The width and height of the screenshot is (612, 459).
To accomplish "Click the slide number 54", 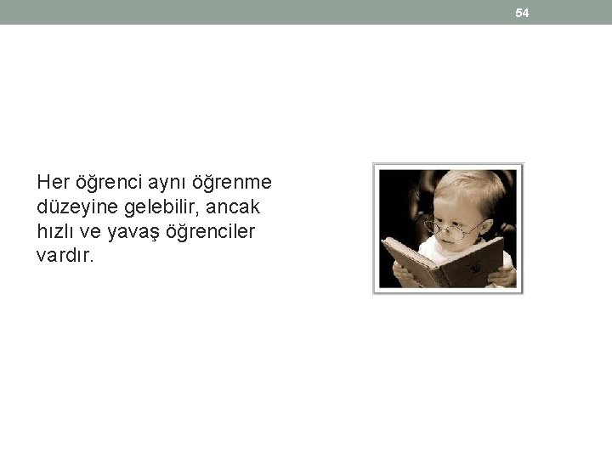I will click(x=522, y=13).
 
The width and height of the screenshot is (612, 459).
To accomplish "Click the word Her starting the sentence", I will click(x=53, y=182).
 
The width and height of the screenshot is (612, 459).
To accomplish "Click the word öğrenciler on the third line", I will click(x=212, y=231).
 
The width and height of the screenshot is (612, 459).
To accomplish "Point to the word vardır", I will click(x=65, y=256).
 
